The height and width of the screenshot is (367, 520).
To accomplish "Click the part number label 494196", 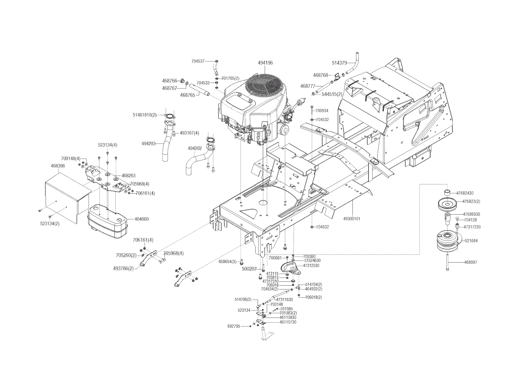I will (x=265, y=63).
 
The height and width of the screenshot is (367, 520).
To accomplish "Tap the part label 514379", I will (x=339, y=63).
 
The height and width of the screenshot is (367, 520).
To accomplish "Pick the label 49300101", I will (x=352, y=219).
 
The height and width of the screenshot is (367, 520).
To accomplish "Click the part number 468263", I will (x=128, y=176).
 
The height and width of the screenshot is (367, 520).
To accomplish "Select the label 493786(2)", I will (x=123, y=268).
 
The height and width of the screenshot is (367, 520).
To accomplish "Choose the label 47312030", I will (x=311, y=266).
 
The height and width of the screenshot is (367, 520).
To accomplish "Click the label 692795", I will (x=234, y=326).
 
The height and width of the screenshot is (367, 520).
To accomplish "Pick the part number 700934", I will (x=322, y=111).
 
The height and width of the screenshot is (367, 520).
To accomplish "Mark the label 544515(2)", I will (x=332, y=94).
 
